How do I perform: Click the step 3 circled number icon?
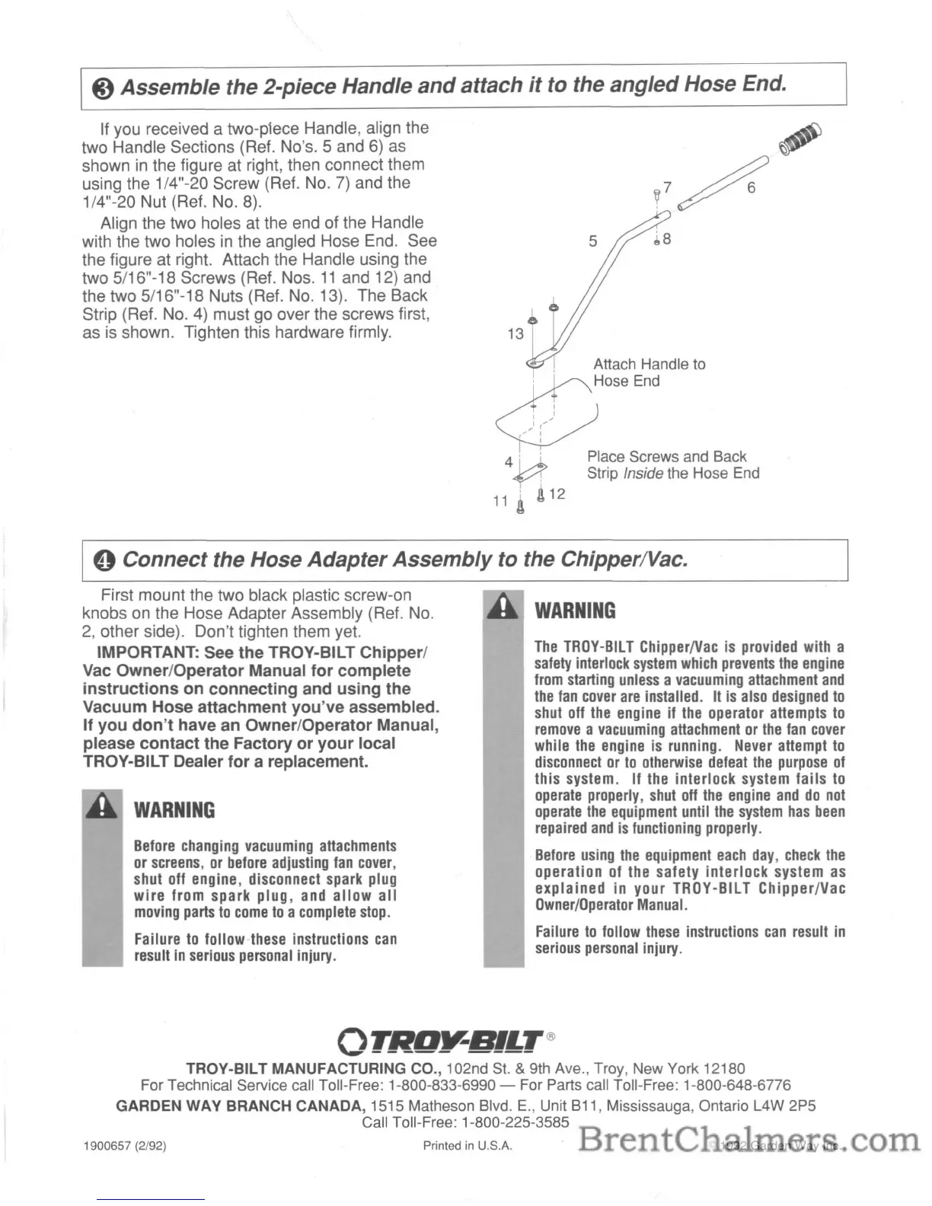click(x=104, y=88)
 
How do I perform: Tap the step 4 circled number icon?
click(x=104, y=561)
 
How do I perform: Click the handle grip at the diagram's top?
click(x=800, y=137)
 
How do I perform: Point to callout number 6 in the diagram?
click(x=751, y=187)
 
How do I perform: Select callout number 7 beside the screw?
click(x=668, y=187)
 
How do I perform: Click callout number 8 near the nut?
click(x=667, y=239)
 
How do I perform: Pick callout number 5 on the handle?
click(x=593, y=241)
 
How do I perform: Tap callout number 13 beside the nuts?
click(x=515, y=333)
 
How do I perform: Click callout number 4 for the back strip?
click(x=509, y=462)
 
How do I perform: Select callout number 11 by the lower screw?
click(x=500, y=501)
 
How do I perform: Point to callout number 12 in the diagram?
click(x=557, y=494)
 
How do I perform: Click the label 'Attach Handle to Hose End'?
click(x=649, y=372)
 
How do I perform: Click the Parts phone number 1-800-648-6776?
click(x=737, y=1085)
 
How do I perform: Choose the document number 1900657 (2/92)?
click(x=124, y=1146)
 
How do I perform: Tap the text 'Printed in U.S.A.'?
click(x=468, y=1146)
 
